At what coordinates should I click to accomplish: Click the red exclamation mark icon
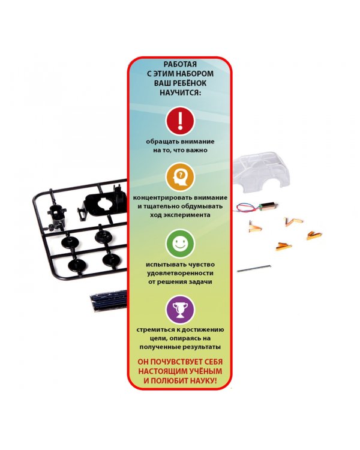pos(180,121)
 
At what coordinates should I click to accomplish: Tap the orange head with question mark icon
pos(180,177)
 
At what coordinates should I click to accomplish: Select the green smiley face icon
pos(180,244)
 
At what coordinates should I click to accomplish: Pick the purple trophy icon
pos(180,310)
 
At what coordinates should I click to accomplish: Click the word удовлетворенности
pos(180,273)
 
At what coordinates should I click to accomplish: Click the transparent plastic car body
pos(261,172)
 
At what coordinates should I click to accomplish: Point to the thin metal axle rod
pos(253,268)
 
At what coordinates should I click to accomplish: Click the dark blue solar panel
pos(109,300)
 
